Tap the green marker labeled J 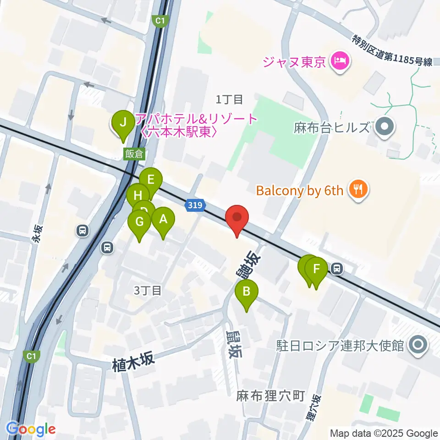122,123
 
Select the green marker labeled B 246,291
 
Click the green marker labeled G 140,222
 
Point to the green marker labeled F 316,269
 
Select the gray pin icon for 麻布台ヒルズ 384,127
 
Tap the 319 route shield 194,206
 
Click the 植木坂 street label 133,359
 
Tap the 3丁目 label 148,290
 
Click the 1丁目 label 229,99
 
